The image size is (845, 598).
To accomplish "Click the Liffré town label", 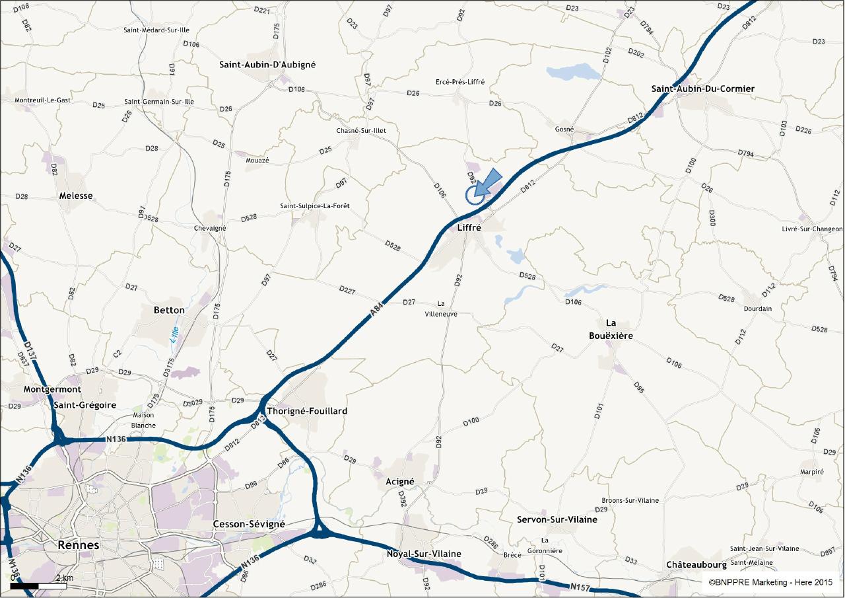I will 469,227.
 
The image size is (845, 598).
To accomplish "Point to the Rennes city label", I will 78,545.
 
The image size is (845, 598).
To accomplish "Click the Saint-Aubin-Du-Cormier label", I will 702,89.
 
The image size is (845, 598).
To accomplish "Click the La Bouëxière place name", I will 611,329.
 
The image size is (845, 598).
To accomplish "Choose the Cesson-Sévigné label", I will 249,524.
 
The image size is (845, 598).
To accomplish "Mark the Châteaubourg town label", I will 696,565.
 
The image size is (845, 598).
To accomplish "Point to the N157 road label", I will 580,586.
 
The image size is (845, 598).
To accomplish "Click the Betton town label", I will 169,310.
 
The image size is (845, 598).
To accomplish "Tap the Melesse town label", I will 76,196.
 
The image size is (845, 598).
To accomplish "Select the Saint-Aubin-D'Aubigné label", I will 267,65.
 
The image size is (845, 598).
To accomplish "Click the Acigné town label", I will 399,482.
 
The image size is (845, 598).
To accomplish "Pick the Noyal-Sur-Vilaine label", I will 424,554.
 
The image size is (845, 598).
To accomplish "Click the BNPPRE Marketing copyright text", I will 770,582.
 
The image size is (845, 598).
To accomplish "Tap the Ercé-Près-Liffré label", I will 460,82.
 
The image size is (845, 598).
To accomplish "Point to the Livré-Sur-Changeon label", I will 812,229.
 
